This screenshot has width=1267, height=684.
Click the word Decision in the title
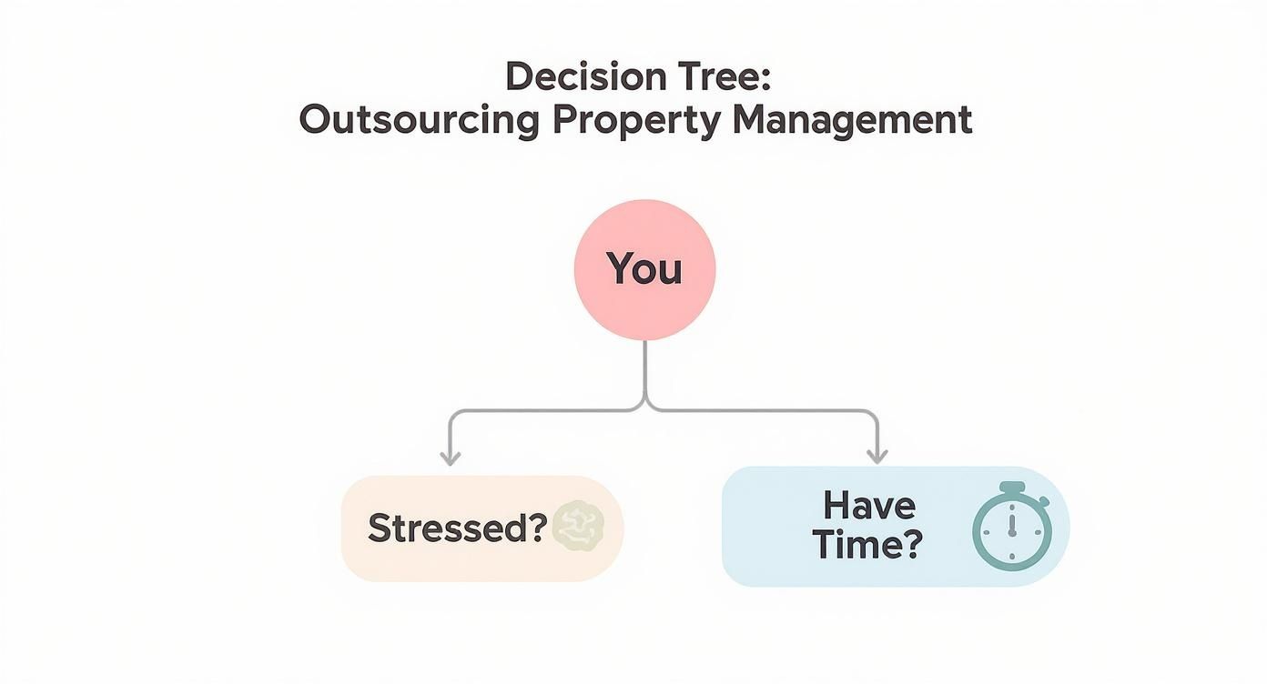tap(567, 77)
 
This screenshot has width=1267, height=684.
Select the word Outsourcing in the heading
tap(420, 121)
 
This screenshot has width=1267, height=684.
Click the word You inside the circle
tap(644, 269)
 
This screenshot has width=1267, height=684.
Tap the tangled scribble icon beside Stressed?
tap(578, 527)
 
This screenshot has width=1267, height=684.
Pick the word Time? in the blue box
tap(867, 545)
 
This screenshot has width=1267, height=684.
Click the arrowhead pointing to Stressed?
tap(450, 457)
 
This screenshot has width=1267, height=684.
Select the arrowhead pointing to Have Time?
tap(877, 457)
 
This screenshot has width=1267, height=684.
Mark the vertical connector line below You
tap(644, 368)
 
